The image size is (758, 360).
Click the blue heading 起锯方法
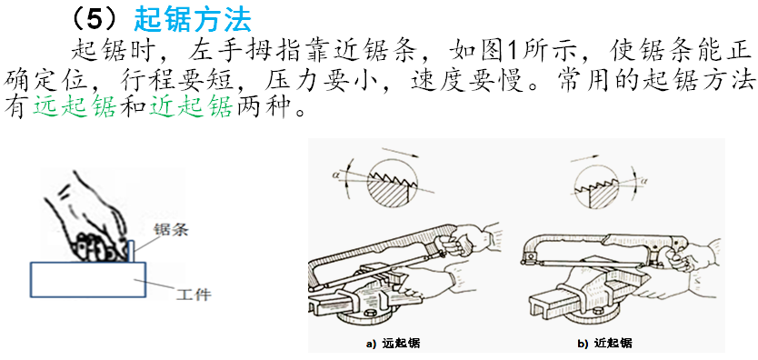tap(193, 19)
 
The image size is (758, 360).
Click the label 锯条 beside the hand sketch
tap(171, 230)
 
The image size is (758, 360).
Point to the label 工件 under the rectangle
tap(194, 294)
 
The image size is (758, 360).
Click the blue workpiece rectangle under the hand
tap(88, 279)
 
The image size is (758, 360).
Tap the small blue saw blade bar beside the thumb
tap(131, 250)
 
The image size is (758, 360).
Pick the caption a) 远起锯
tap(393, 344)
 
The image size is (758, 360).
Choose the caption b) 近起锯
tap(604, 344)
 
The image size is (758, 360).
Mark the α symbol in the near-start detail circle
tap(643, 181)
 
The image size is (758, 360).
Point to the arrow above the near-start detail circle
tap(585, 158)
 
